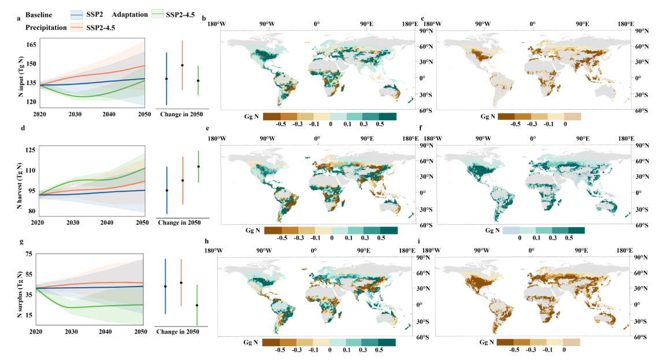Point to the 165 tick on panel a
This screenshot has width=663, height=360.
(31, 44)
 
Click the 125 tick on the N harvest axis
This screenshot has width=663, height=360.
(31, 150)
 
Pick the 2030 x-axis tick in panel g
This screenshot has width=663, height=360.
(73, 332)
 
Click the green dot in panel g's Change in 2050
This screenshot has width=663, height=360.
(197, 305)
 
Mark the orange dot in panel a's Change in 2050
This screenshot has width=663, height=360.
(182, 65)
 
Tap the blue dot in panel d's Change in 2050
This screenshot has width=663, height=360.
(167, 190)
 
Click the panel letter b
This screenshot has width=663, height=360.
(204, 19)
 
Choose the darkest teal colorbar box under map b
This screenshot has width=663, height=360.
(388, 116)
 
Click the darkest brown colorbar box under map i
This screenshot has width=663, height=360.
(505, 343)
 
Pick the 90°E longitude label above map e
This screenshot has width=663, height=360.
(367, 139)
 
